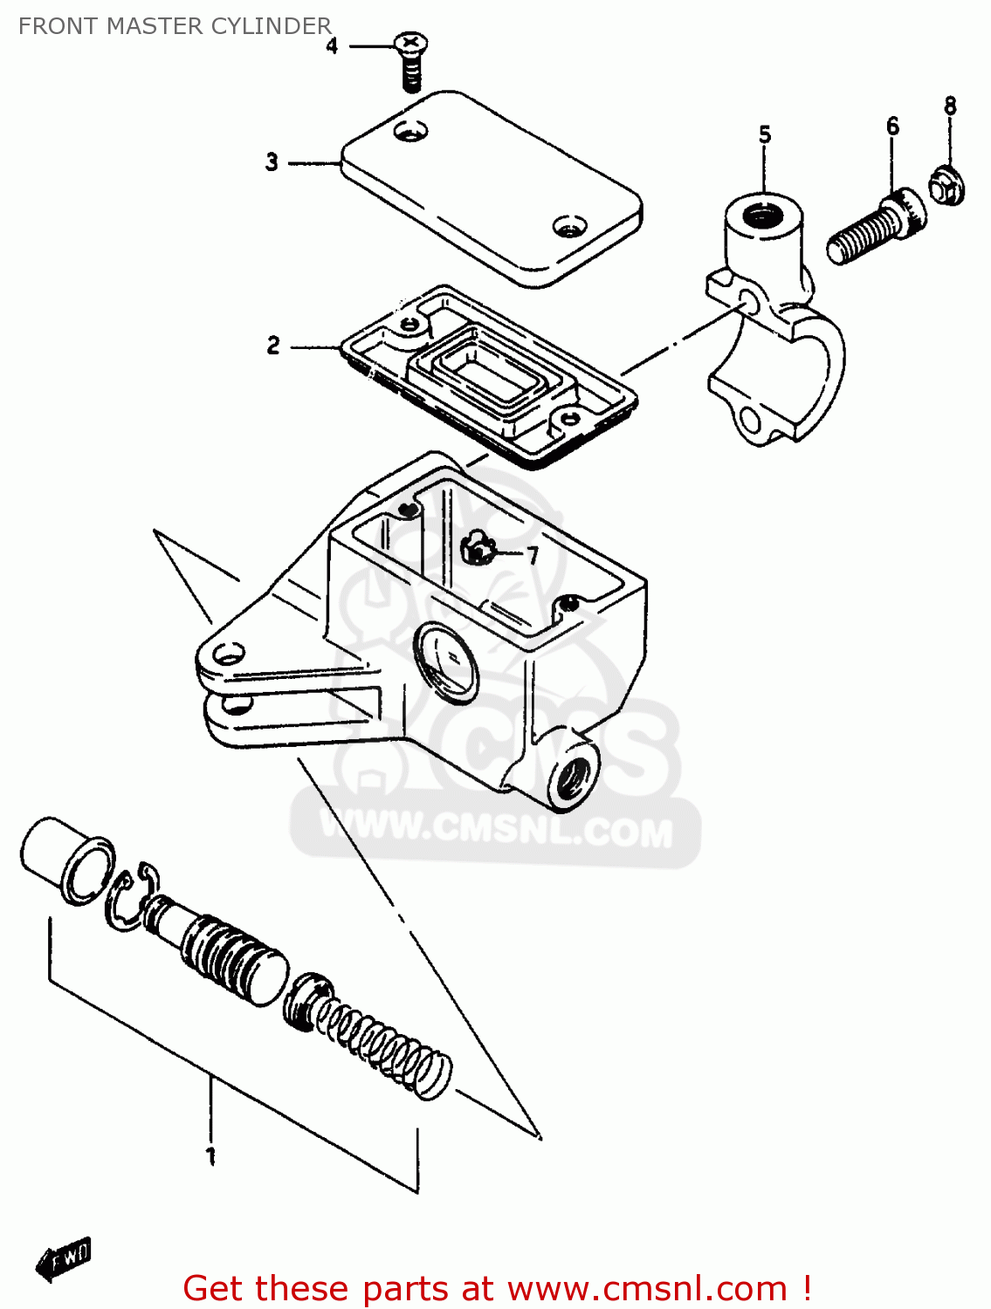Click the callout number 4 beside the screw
point(332,46)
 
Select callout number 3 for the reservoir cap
point(272,162)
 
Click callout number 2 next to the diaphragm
point(273,346)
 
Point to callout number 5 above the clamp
point(765,135)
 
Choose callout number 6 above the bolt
point(892,127)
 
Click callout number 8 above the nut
point(950,106)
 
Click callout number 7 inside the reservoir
point(532,556)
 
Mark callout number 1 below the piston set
point(210,1156)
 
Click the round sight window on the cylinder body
point(447,661)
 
